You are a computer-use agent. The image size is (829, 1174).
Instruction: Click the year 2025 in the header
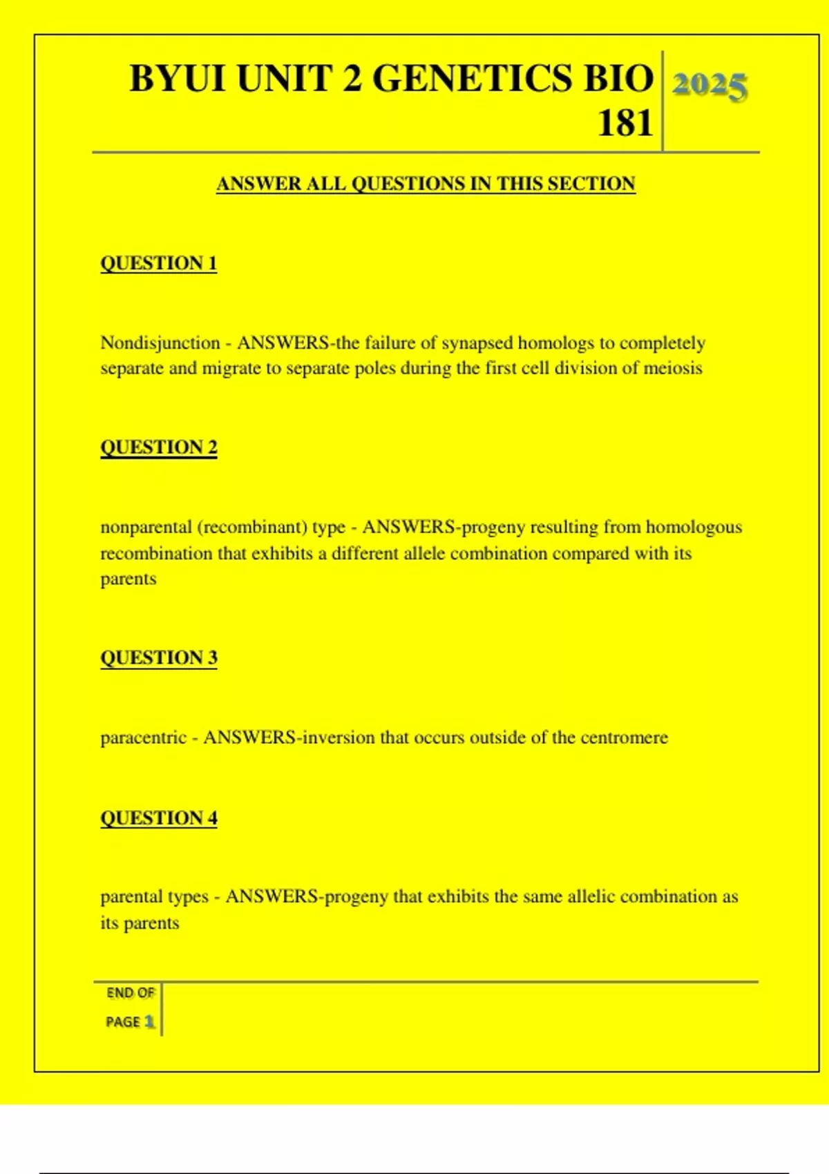tap(709, 86)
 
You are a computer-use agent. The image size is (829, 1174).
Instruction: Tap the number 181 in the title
tap(625, 124)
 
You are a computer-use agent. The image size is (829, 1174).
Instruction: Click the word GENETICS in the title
tap(474, 78)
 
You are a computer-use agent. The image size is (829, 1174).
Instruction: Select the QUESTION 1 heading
tap(159, 263)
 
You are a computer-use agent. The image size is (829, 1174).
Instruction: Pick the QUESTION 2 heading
tap(159, 448)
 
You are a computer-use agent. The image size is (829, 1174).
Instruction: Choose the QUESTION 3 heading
tap(159, 657)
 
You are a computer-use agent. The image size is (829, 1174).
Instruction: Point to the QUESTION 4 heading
tap(159, 818)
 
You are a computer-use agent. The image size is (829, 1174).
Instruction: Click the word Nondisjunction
tap(160, 343)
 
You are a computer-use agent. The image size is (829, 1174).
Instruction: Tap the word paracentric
tap(144, 738)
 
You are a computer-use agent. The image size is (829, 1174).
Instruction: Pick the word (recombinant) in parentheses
tap(251, 528)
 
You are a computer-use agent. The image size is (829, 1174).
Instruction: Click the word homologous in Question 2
tap(694, 528)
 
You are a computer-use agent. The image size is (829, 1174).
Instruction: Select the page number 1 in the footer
tap(149, 1021)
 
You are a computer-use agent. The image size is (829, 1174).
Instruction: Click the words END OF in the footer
tap(131, 993)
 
